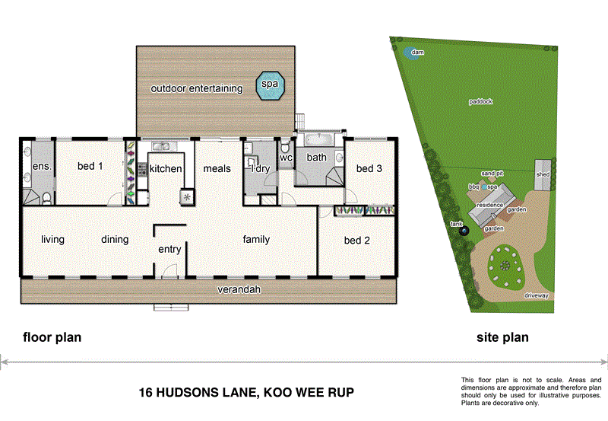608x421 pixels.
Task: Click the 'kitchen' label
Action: coord(165,168)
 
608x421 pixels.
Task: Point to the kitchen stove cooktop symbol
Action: coord(187,196)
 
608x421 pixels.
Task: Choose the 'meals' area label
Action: coord(217,168)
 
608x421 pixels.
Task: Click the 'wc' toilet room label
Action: coord(286,158)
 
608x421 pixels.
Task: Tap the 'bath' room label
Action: coord(316,158)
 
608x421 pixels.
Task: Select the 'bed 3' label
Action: coord(369,168)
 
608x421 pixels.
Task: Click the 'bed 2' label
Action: coord(357,241)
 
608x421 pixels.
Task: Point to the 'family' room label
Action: coord(256,240)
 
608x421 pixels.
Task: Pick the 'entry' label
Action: coord(169,250)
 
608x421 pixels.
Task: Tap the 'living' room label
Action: coord(52,240)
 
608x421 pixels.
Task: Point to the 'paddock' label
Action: coord(481,100)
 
